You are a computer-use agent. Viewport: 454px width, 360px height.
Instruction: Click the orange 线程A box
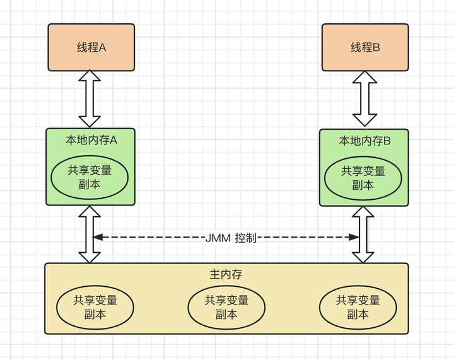91,47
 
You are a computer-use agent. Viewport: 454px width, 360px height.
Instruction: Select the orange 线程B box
365,47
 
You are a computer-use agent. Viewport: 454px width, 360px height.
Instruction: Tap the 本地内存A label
91,140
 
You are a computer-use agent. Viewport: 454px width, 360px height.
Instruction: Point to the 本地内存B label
365,141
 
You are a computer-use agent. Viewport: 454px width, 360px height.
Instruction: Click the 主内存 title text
226,275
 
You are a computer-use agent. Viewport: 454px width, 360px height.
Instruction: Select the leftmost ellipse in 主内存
95,307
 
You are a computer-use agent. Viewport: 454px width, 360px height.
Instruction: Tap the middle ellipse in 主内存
226,307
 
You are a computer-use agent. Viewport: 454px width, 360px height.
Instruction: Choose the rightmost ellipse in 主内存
358,307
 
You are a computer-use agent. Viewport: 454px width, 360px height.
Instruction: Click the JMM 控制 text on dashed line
231,238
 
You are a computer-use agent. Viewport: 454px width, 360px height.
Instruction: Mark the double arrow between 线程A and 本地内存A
90,99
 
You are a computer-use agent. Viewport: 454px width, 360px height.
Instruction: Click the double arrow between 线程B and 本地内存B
364,99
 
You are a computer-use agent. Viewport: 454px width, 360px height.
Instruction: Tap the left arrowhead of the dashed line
97,238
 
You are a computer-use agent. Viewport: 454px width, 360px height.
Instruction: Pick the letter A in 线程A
102,47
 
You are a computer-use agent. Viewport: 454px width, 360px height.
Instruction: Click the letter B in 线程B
376,47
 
